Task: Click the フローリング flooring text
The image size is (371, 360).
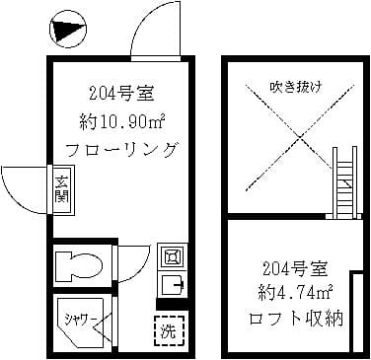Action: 119,151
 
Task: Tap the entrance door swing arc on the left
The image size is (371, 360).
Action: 24,186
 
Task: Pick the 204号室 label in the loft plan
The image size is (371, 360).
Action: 293,268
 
